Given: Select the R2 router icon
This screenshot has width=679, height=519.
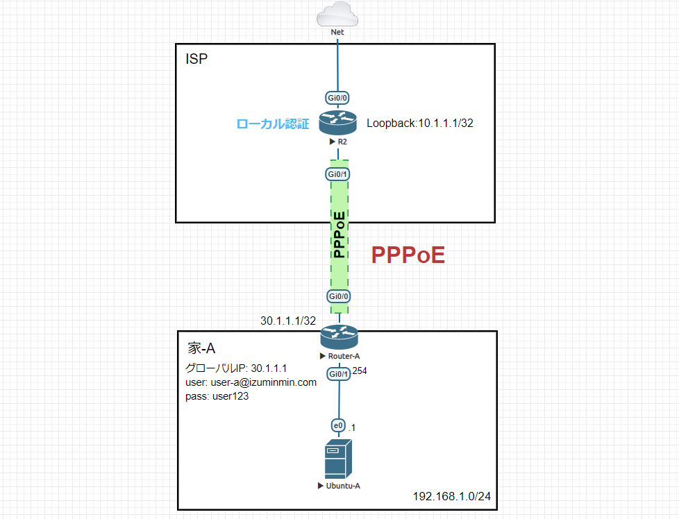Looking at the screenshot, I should pyautogui.click(x=338, y=124).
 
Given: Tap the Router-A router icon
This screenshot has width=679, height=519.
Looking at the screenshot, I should pyautogui.click(x=338, y=338).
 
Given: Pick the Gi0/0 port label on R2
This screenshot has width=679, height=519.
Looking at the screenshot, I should pyautogui.click(x=338, y=99).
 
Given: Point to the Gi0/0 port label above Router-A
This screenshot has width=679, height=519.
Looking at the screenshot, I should pyautogui.click(x=338, y=296).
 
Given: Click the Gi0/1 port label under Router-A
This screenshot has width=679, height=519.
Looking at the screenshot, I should pyautogui.click(x=338, y=375).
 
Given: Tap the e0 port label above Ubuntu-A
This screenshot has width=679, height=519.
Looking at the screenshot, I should pyautogui.click(x=338, y=425).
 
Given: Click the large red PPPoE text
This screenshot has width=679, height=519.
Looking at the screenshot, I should pyautogui.click(x=408, y=255).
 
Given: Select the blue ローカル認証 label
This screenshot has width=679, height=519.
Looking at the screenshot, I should pyautogui.click(x=272, y=124).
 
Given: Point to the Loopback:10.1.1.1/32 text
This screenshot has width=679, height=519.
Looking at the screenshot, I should pyautogui.click(x=419, y=124).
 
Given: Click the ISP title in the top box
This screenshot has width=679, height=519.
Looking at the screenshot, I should pyautogui.click(x=196, y=59).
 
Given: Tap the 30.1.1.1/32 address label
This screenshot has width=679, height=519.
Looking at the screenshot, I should pyautogui.click(x=288, y=321).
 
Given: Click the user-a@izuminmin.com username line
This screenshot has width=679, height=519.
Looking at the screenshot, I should pyautogui.click(x=251, y=382).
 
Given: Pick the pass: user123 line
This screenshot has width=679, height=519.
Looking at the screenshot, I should pyautogui.click(x=216, y=397).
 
